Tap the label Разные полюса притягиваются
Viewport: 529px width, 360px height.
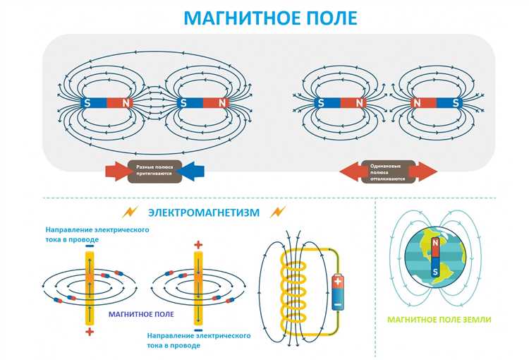click(154, 169)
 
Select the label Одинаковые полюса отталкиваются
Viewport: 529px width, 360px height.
click(387, 171)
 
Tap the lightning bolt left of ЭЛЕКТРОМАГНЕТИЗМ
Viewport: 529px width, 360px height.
click(129, 212)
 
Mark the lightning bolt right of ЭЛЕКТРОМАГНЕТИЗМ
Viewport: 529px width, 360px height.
click(278, 212)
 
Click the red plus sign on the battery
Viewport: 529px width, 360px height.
click(338, 280)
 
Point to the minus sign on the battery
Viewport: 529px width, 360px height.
click(338, 305)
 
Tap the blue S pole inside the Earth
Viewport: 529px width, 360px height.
click(435, 269)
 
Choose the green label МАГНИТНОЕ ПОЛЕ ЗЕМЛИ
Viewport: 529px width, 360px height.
click(439, 320)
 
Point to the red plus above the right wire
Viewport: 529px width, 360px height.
click(197, 246)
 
